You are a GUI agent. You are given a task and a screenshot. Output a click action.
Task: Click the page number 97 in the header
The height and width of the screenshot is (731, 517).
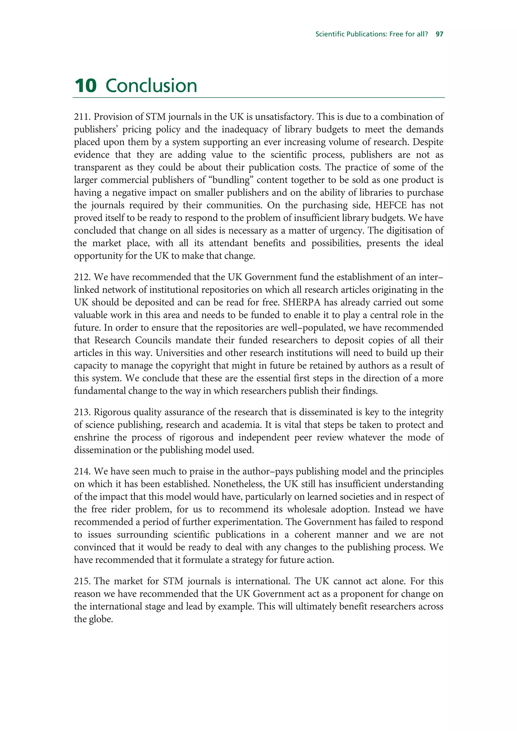(x=439, y=34)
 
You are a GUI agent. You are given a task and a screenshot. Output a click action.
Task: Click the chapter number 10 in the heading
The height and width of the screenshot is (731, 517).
(x=86, y=86)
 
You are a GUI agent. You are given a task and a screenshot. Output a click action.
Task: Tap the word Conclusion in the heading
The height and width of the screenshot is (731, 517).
(x=151, y=86)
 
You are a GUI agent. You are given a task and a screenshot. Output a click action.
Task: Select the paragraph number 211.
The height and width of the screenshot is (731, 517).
(x=82, y=117)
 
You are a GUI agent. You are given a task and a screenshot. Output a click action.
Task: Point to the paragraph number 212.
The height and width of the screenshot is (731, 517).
(x=82, y=277)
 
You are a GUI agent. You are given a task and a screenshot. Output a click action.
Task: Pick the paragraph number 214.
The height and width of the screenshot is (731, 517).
(x=82, y=471)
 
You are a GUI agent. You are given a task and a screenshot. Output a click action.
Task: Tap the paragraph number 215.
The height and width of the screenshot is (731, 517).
(x=82, y=581)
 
